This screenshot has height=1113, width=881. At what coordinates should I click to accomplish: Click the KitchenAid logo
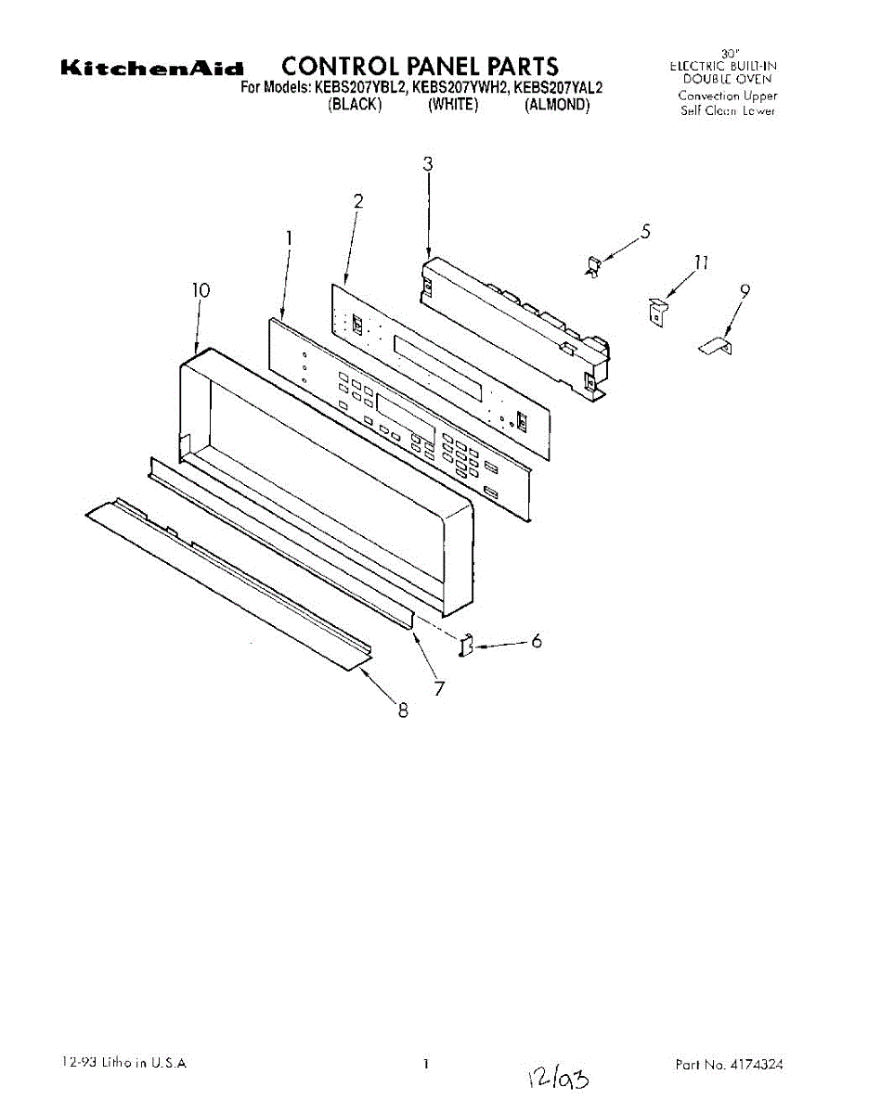[152, 68]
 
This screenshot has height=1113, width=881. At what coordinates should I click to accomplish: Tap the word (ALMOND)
[557, 106]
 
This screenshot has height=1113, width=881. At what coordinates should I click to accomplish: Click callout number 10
[201, 290]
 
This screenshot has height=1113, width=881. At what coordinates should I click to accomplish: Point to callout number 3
[428, 164]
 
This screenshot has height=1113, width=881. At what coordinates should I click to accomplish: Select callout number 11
[702, 262]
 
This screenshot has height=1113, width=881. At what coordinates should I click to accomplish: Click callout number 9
[745, 290]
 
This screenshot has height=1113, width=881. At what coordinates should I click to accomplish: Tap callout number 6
[537, 641]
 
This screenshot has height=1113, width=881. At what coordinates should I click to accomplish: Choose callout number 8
[403, 711]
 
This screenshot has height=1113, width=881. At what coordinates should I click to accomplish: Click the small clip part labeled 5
[593, 267]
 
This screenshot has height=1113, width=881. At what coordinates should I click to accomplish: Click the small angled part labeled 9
[715, 346]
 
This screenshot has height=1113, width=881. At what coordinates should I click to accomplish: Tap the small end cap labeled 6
[468, 644]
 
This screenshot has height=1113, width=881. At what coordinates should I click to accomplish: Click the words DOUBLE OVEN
[727, 79]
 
